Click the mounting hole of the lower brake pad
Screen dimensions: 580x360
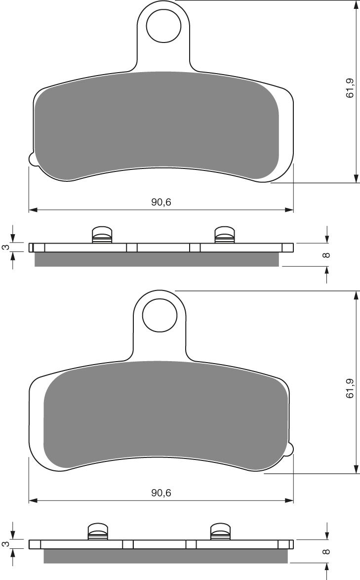pos(160,315)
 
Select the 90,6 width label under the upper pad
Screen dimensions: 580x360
pos(161,202)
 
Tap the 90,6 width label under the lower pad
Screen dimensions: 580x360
pos(161,493)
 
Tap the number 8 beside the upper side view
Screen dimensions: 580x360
pos(326,255)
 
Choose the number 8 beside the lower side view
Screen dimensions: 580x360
pos(326,552)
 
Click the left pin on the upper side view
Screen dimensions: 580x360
pos(103,235)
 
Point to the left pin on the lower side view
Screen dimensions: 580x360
pos(98,531)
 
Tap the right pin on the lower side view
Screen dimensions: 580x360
pos(220,531)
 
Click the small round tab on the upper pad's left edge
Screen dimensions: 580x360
pos(32,160)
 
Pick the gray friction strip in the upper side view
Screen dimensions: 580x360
pos(157,259)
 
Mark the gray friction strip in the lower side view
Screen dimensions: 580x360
pos(165,556)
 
